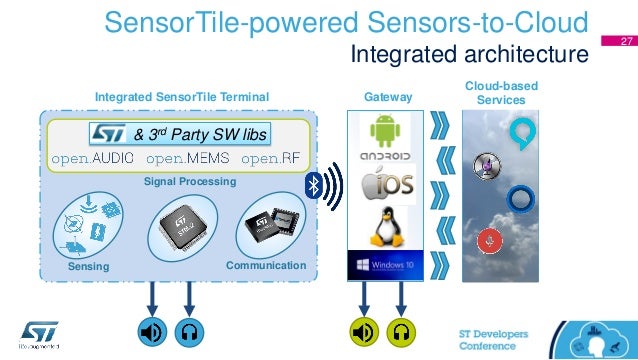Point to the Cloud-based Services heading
(x=501, y=93)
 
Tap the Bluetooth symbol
(x=313, y=185)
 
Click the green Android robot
(x=384, y=131)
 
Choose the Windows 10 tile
(x=384, y=268)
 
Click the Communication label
(x=265, y=266)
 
